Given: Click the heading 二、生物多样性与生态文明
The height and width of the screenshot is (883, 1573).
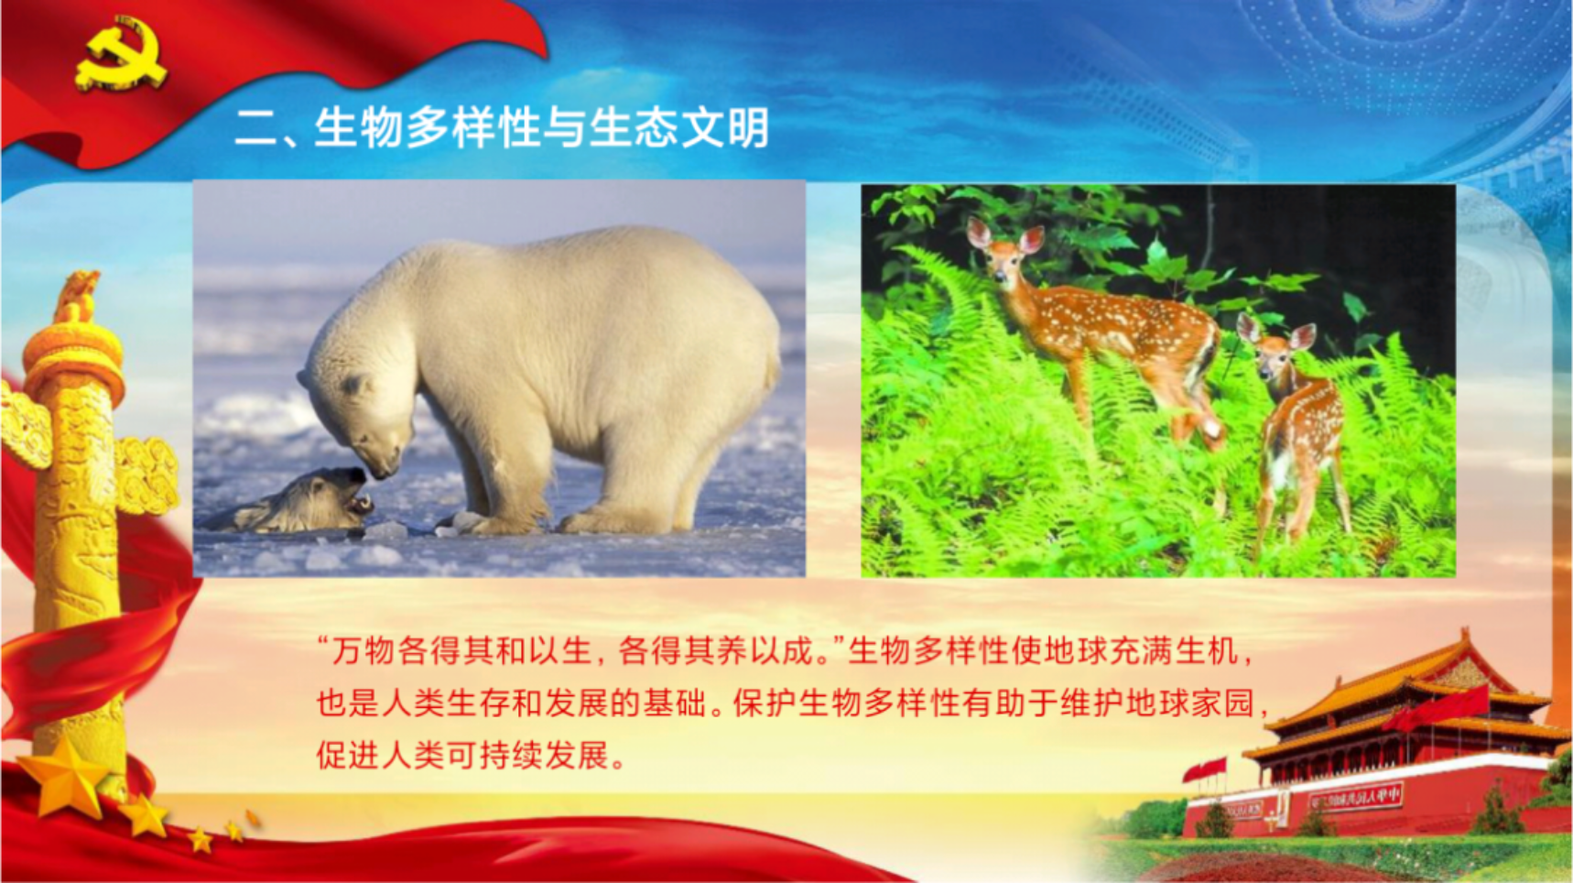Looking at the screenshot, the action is tap(502, 127).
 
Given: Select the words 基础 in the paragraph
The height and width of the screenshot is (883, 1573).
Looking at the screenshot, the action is tap(673, 703).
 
